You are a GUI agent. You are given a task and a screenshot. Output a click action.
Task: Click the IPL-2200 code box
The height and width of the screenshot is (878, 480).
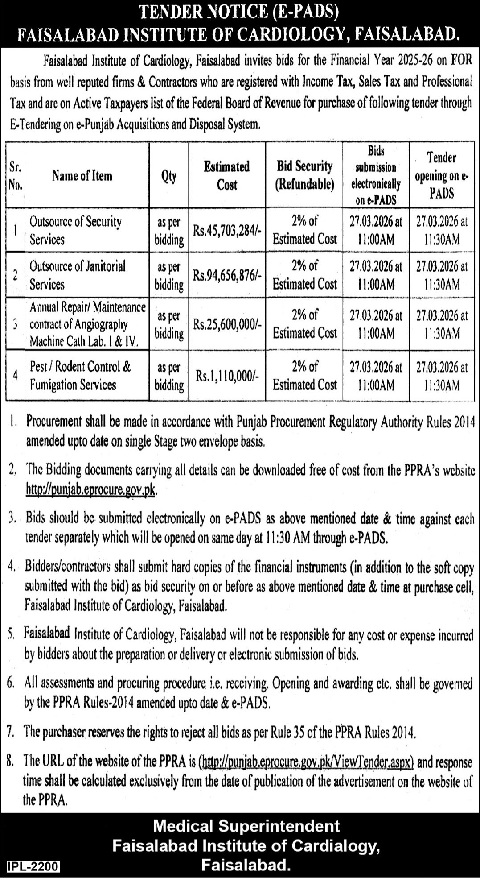(30, 866)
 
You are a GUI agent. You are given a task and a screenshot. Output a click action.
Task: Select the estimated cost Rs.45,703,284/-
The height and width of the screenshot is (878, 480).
(227, 231)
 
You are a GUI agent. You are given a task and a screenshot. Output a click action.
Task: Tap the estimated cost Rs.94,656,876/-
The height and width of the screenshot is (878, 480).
(227, 275)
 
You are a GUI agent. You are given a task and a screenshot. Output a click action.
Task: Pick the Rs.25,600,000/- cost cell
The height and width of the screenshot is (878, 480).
(227, 324)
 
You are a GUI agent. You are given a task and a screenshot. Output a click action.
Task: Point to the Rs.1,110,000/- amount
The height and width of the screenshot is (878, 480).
(227, 376)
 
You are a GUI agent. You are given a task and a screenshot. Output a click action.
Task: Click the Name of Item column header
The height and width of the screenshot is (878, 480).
(82, 176)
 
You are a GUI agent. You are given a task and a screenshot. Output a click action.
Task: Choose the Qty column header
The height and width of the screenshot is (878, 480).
(169, 176)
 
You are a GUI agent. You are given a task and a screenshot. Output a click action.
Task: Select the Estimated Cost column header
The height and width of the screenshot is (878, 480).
(227, 175)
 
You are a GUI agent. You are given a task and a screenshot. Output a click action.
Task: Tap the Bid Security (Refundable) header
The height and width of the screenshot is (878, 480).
(305, 175)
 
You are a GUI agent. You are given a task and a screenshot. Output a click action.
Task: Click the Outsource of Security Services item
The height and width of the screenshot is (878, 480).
(75, 230)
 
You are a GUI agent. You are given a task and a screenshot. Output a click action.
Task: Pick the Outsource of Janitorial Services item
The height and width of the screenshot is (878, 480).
(78, 275)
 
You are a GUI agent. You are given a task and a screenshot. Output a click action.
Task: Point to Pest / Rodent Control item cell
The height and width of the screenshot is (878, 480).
(80, 376)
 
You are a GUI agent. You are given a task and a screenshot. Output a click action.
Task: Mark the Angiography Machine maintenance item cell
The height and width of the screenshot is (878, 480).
(87, 324)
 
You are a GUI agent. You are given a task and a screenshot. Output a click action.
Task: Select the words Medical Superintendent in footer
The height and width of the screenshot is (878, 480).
(246, 826)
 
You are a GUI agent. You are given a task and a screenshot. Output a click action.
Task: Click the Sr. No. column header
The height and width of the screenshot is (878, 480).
(15, 176)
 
